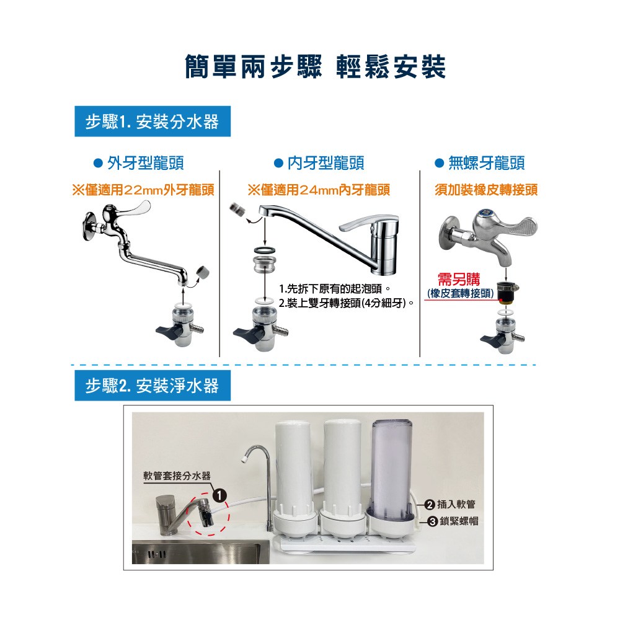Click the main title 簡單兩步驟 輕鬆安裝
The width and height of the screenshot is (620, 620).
click(315, 66)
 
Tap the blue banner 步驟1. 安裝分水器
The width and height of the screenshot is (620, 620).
click(153, 122)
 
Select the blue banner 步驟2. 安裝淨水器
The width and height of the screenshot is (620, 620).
click(153, 386)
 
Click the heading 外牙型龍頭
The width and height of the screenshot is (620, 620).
click(139, 163)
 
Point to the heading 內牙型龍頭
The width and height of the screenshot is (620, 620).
click(319, 163)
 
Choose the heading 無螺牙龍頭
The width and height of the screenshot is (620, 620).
click(480, 163)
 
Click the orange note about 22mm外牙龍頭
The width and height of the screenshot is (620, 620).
click(143, 190)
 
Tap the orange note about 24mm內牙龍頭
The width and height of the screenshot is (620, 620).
click(319, 190)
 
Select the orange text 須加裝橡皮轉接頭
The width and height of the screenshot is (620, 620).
click(486, 190)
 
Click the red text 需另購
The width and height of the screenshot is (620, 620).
click(459, 279)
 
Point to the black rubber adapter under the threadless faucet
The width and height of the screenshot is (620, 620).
click(507, 292)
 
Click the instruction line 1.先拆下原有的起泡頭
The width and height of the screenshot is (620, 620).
click(335, 289)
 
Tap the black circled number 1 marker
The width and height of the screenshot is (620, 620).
click(219, 495)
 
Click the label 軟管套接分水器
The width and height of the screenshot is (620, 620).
click(177, 476)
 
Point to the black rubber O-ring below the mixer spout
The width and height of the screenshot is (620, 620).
click(265, 250)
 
